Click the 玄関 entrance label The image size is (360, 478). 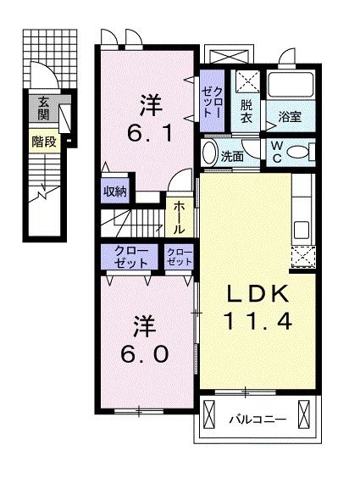point(43,108)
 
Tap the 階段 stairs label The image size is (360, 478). point(44,142)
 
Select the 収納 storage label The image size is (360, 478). point(115,192)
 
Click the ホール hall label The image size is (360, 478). point(179,219)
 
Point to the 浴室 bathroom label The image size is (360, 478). point(290,116)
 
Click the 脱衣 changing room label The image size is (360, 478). point(246,111)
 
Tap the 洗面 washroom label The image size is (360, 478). point(232,157)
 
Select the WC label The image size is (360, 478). point(276,152)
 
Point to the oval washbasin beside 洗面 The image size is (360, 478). point(209,153)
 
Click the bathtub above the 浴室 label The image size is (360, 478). point(291,85)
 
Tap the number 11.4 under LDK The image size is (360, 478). point(258,320)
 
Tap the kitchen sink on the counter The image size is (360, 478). point(302,231)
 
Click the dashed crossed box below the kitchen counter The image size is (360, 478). point(303,258)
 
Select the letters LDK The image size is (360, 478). point(258,294)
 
